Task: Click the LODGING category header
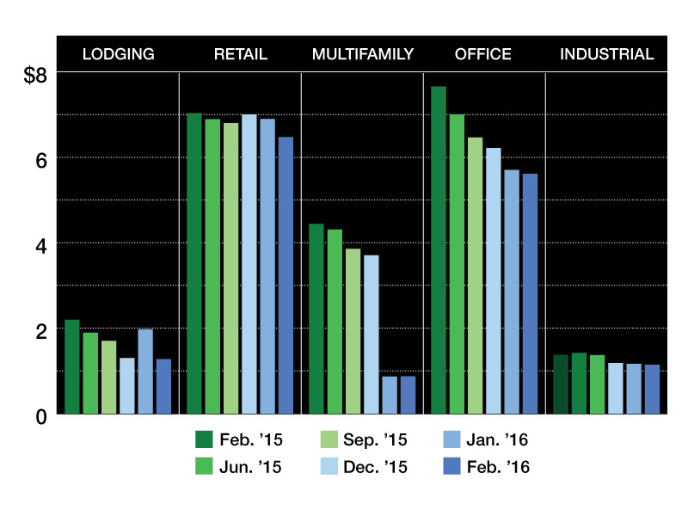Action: coord(119,54)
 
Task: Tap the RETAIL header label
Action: coord(241,54)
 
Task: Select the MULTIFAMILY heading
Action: coord(363,54)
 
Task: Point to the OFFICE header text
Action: coord(483,54)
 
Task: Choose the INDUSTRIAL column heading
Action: coord(607,54)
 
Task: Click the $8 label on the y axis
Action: coord(35,75)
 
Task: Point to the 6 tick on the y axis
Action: coord(40,161)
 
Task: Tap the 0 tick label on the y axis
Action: coord(40,417)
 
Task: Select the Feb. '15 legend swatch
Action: coord(204,439)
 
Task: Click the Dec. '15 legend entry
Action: coord(364,466)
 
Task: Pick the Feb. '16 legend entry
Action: coord(487,466)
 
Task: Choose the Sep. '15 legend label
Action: coord(375,439)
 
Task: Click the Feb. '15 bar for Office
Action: coord(439,250)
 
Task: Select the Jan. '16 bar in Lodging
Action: coord(145,372)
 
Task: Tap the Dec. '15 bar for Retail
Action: coord(249,264)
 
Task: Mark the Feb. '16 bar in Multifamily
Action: coord(408,395)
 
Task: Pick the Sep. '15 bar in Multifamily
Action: coord(353,331)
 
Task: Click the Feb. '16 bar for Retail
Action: coord(286,275)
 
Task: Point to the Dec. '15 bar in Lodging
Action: coord(126,386)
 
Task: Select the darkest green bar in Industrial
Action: coord(561,384)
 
